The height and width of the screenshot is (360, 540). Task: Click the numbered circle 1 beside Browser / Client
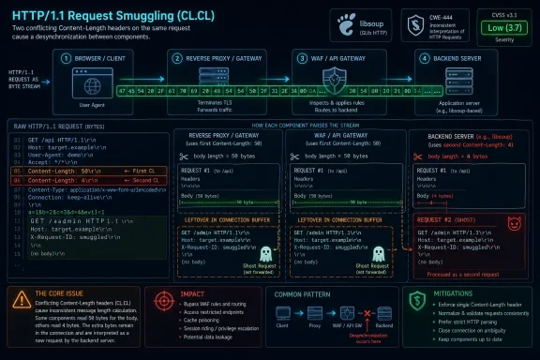pyautogui.click(x=67, y=57)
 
